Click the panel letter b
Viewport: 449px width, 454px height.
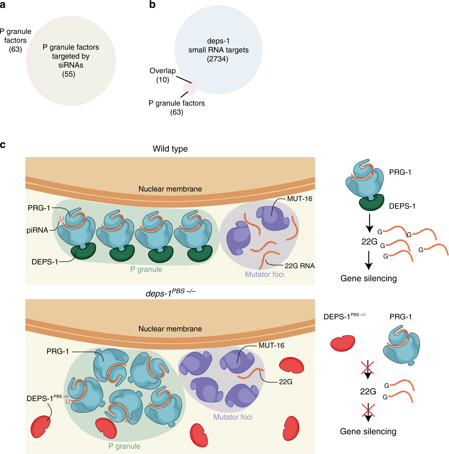tap(152, 5)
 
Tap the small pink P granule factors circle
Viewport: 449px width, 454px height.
tap(190, 88)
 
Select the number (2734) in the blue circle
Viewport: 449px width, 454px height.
tap(217, 59)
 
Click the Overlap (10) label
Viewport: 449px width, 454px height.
tap(163, 75)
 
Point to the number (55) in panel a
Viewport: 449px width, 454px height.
tap(69, 74)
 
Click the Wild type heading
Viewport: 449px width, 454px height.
tap(170, 149)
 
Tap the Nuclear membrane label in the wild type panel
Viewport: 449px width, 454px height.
tap(170, 189)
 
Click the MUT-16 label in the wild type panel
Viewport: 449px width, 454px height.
tap(300, 199)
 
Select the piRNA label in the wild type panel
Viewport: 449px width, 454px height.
tap(37, 230)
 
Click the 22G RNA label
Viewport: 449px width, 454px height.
tap(300, 266)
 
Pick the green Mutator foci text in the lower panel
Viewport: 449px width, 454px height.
tap(233, 417)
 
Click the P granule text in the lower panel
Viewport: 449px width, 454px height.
tap(124, 446)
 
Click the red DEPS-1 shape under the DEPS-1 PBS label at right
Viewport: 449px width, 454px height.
tap(343, 343)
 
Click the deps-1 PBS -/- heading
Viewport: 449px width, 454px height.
tap(170, 293)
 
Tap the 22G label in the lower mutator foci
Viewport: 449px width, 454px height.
tap(285, 382)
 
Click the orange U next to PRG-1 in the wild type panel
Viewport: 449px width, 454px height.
tap(62, 219)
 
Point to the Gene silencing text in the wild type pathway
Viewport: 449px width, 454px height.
tap(368, 278)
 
